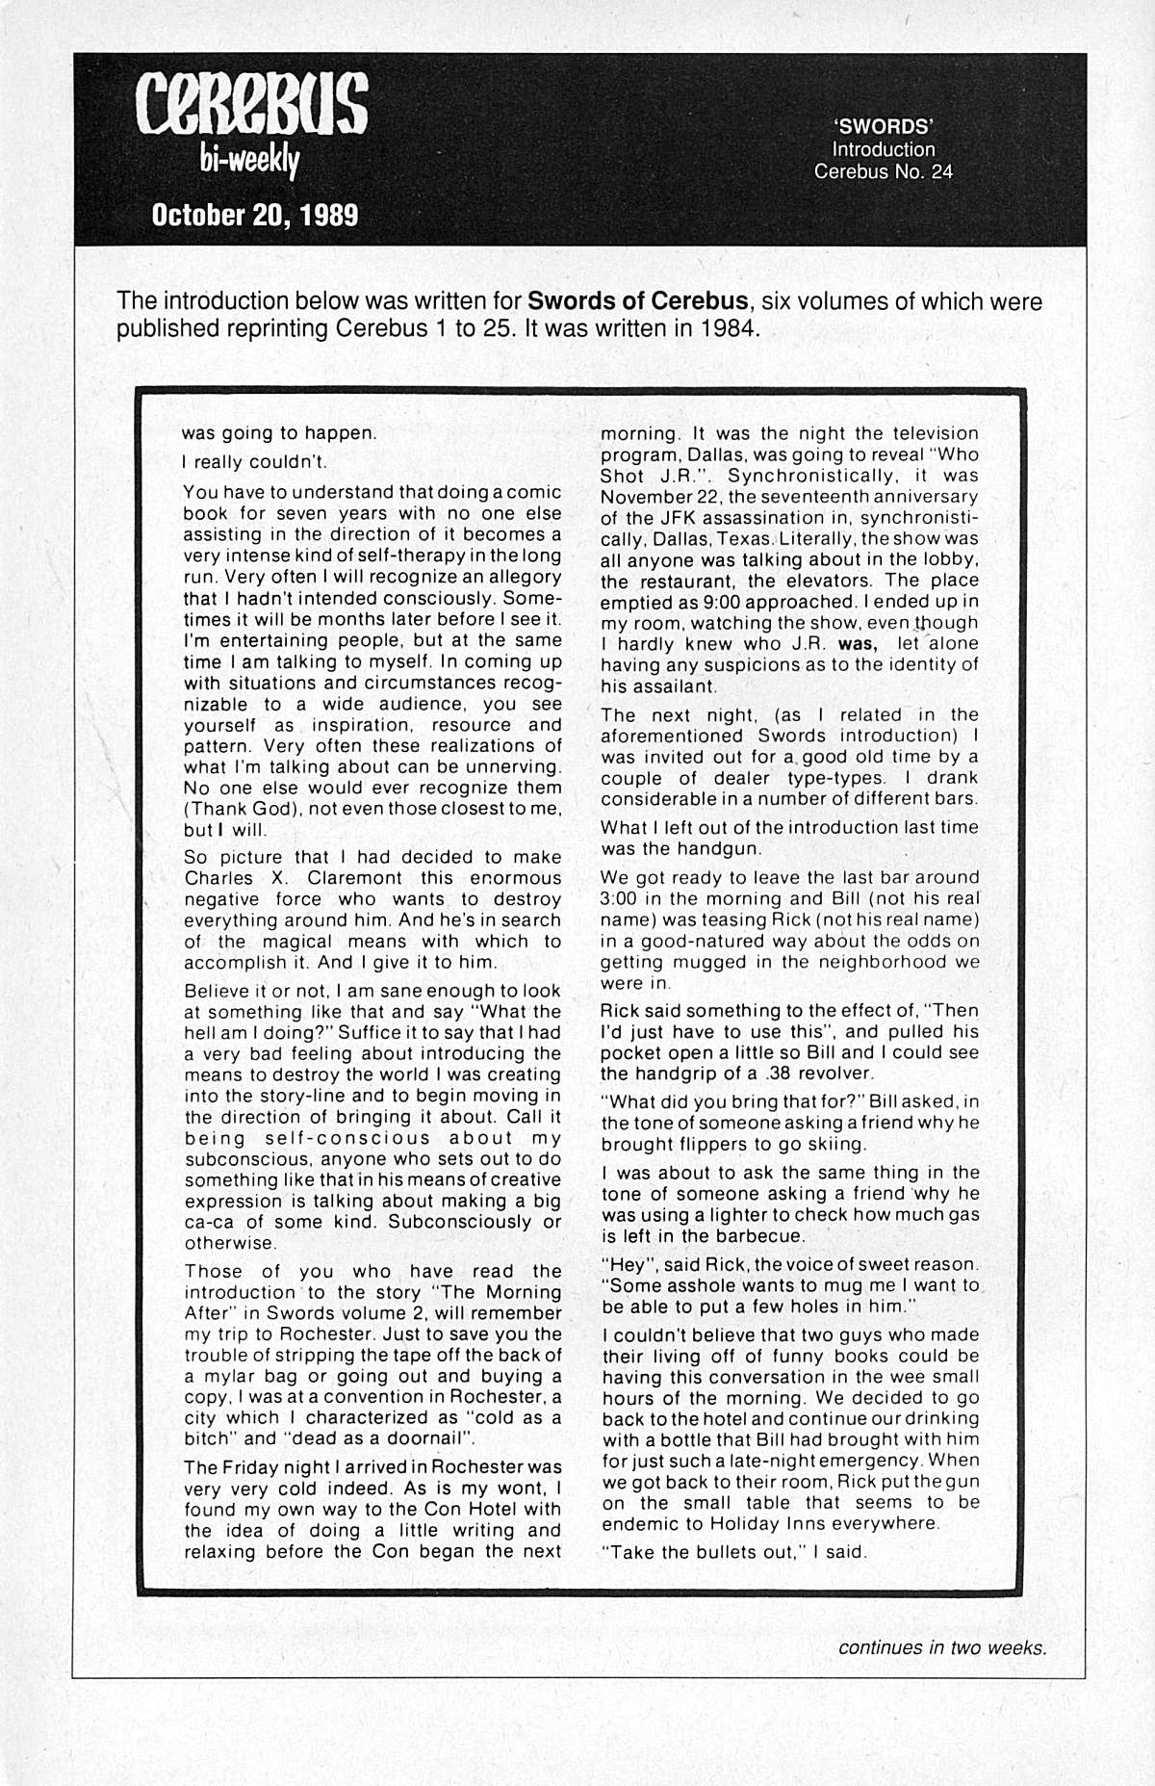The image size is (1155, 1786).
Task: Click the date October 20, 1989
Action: [x=255, y=214]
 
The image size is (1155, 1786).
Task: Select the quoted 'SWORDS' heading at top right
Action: [x=883, y=126]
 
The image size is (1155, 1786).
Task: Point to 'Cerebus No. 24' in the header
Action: [x=883, y=172]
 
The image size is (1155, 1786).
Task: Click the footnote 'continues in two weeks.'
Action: [x=941, y=1647]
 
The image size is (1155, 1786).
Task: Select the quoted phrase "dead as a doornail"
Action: [x=382, y=1438]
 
